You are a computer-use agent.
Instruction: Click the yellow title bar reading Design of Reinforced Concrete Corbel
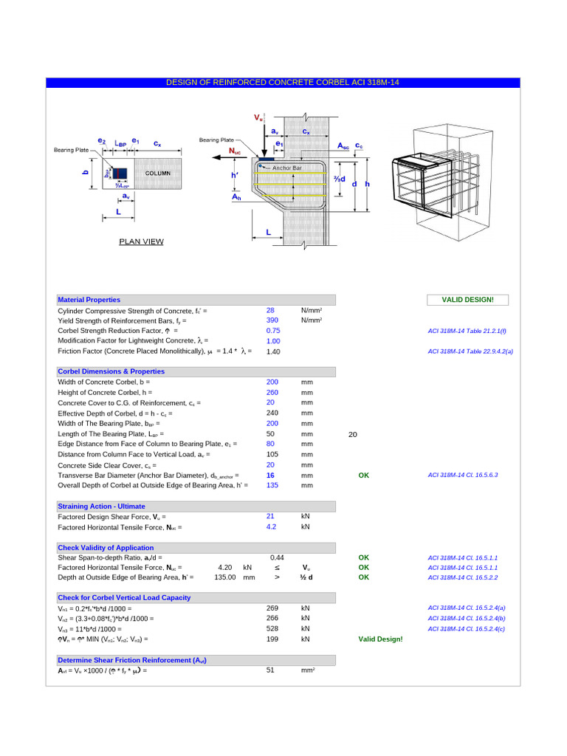(x=283, y=83)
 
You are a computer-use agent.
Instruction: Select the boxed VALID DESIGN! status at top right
(x=467, y=300)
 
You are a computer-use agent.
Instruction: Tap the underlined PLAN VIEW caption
(x=141, y=241)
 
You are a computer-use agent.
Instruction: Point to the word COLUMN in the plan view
(x=157, y=173)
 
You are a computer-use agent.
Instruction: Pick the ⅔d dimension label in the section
(x=339, y=179)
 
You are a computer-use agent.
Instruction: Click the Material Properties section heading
(x=89, y=300)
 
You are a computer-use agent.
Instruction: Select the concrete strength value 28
(x=271, y=310)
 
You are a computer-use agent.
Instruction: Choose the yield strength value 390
(x=272, y=320)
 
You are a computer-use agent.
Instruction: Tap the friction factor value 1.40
(x=272, y=352)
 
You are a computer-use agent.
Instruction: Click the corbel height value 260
(x=272, y=392)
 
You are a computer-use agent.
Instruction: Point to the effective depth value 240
(x=272, y=413)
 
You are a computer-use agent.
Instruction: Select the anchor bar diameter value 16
(x=271, y=475)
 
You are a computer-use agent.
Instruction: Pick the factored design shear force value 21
(x=271, y=516)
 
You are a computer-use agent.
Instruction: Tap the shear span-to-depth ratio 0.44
(x=277, y=557)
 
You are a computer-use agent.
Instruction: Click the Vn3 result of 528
(x=272, y=628)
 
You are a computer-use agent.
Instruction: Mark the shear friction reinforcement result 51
(x=271, y=670)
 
